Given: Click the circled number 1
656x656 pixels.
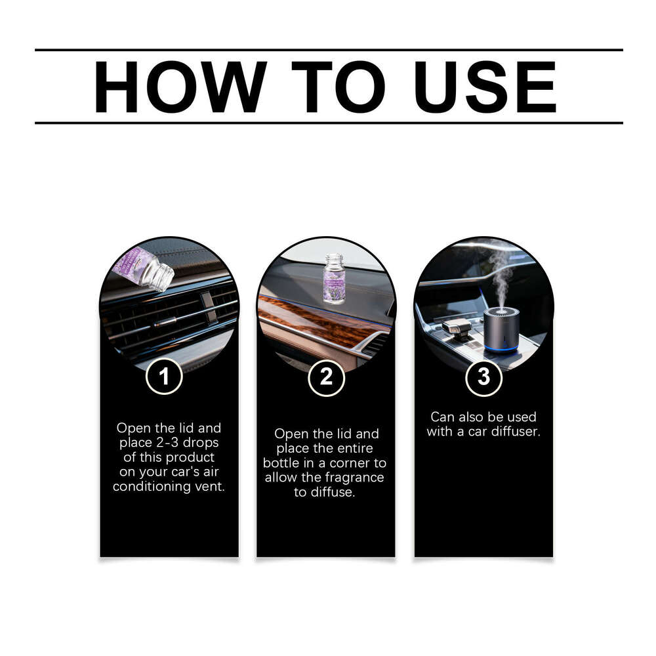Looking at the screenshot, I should pos(163,377).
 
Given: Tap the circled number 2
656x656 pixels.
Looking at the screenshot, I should pos(326,379).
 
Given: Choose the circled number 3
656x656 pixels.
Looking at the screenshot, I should pos(483,379).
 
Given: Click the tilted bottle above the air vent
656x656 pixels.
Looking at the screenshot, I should pos(143,268).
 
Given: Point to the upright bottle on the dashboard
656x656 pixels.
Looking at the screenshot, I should pos(334,278).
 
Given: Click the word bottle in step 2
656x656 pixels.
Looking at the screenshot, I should pos(280,463).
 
